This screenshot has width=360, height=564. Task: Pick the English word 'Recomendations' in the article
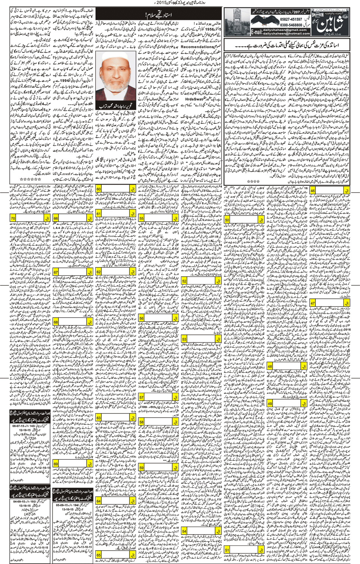[197, 47]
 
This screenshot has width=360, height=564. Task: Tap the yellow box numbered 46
[312, 190]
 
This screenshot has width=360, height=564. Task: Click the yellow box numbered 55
[142, 219]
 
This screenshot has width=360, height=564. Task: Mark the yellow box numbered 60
[98, 189]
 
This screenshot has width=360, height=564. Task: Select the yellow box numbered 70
[13, 218]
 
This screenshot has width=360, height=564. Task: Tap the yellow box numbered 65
[98, 555]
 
